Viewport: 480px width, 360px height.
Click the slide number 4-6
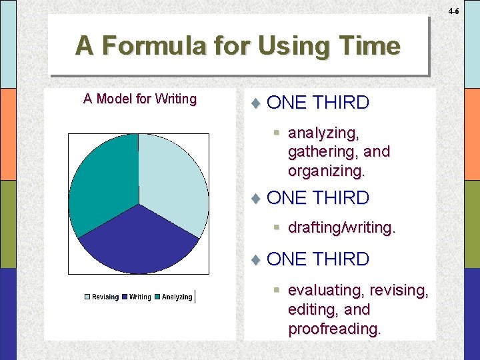pyautogui.click(x=453, y=11)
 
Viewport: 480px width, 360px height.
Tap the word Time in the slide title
pyautogui.click(x=370, y=45)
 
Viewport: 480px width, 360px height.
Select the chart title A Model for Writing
pyautogui.click(x=140, y=99)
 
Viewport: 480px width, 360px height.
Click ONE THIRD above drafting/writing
pyautogui.click(x=317, y=198)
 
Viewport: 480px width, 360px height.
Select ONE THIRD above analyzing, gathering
pyautogui.click(x=317, y=103)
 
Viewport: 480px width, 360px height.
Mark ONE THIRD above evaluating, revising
pyautogui.click(x=317, y=259)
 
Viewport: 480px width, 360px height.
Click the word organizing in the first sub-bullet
pyautogui.click(x=326, y=171)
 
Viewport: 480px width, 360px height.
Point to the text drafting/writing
pyautogui.click(x=341, y=227)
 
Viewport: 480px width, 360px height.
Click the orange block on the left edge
pyautogui.click(x=8, y=134)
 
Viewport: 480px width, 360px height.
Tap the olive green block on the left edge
pyautogui.click(x=8, y=224)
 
